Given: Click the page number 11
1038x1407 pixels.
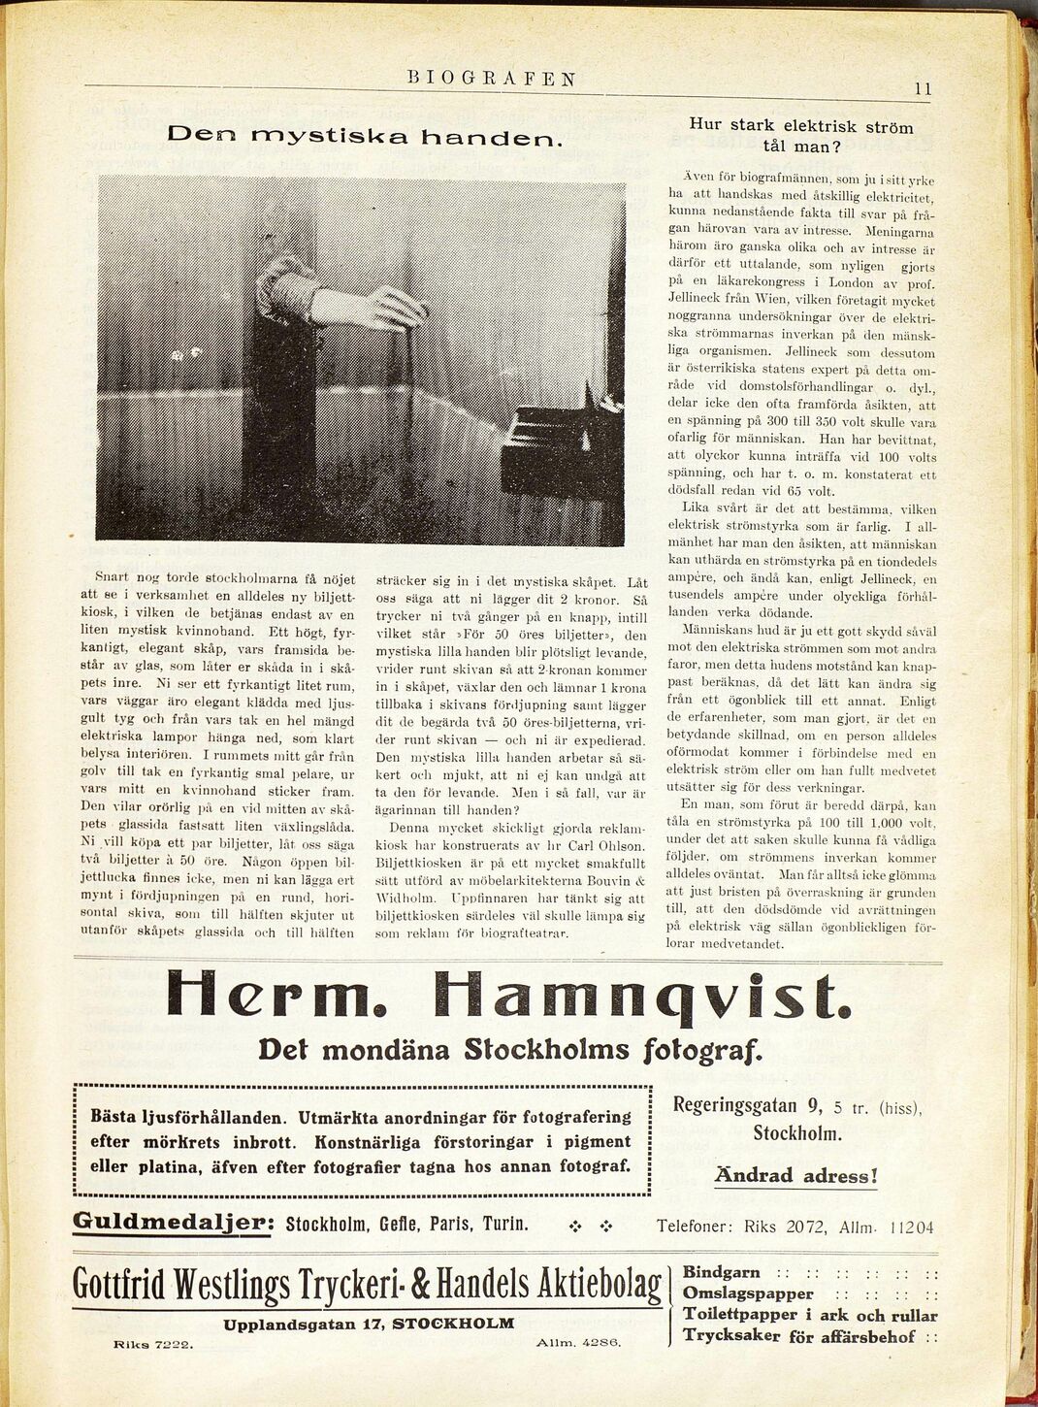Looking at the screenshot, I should [x=922, y=88].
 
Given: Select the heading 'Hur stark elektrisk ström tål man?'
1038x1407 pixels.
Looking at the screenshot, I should [x=800, y=136].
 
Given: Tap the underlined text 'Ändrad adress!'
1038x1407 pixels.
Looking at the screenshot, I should [x=795, y=1176].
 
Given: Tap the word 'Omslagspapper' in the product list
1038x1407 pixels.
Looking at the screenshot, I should [x=748, y=1293].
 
